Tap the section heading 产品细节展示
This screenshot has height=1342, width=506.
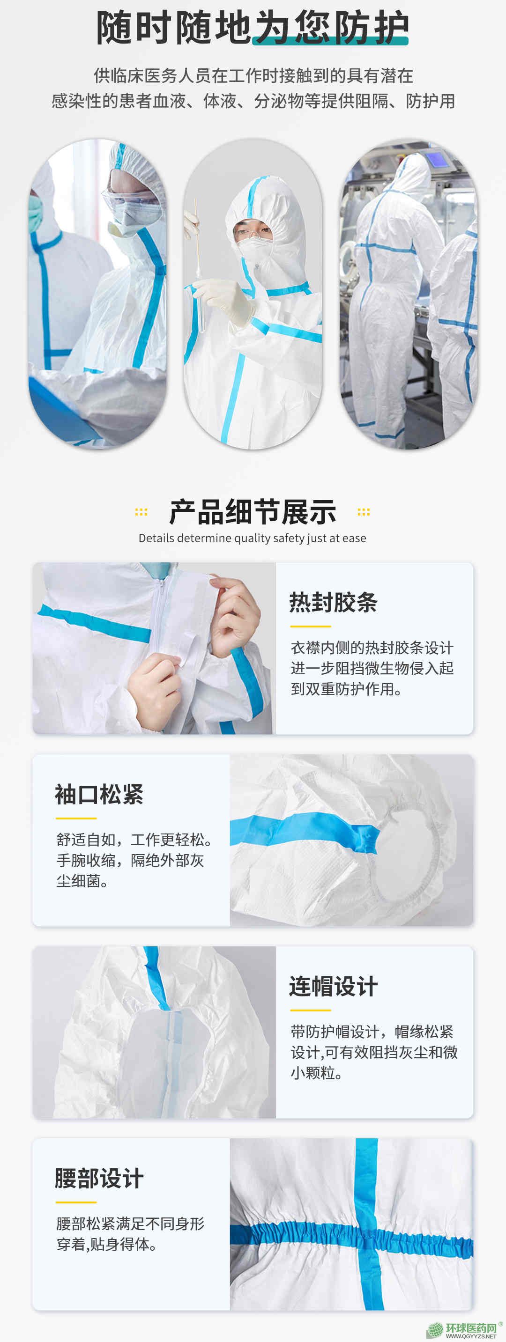tap(253, 512)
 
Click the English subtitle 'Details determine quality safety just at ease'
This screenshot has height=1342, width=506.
tap(252, 538)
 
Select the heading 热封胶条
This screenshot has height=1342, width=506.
tap(333, 602)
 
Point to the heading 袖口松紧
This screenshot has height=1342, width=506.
tap(99, 795)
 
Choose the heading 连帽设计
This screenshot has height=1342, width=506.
tap(333, 987)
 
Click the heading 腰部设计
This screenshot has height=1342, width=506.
tap(99, 1179)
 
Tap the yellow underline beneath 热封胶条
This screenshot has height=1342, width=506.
tap(311, 626)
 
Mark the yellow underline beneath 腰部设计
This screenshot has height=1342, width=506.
tap(76, 1202)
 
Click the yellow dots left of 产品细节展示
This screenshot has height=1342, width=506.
tap(141, 512)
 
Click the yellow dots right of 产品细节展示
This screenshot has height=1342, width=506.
tap(364, 512)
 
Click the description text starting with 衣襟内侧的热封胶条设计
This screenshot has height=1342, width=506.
tap(372, 668)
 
